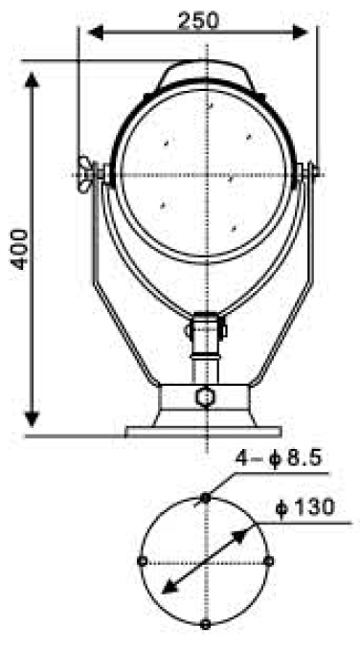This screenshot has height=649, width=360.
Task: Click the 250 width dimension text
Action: (198, 21)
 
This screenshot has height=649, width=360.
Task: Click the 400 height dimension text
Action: (20, 249)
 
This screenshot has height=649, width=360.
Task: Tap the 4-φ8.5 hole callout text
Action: (279, 459)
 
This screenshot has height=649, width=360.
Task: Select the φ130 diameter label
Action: (305, 507)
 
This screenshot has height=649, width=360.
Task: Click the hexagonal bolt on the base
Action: (205, 397)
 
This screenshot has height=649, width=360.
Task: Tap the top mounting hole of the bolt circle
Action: (205, 498)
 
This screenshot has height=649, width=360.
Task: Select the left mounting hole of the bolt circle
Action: (142, 561)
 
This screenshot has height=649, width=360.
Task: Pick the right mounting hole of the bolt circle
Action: (269, 561)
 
